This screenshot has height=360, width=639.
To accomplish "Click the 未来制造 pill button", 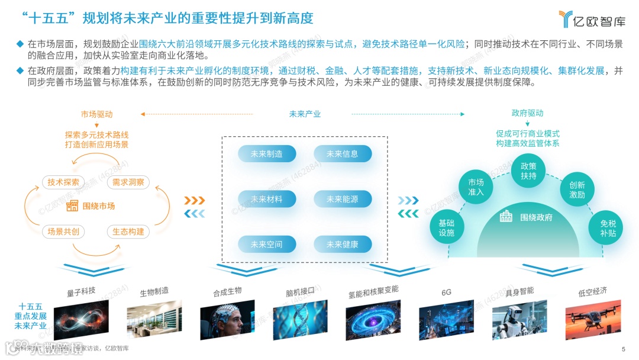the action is [x=266, y=154].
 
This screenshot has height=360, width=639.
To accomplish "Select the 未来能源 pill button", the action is [x=343, y=200].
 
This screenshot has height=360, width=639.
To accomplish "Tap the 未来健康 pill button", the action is [x=343, y=244].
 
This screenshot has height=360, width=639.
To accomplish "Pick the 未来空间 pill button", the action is [x=266, y=244].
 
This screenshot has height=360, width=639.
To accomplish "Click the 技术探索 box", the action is [x=63, y=182].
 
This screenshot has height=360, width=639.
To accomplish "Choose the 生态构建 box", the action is [x=128, y=232].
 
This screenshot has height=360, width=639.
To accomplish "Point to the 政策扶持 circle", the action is [x=528, y=171].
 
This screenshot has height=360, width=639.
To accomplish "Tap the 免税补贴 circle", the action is [x=608, y=228].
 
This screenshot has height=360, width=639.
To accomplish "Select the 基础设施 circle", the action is [x=447, y=228].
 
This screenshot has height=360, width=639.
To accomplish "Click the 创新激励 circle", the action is [x=577, y=189].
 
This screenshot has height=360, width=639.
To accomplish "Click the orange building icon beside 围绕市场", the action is [x=72, y=206].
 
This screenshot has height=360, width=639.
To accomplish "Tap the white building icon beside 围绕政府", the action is [x=506, y=217].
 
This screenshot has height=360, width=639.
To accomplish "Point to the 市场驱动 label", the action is [x=96, y=114].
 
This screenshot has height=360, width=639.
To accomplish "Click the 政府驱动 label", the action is [x=527, y=113].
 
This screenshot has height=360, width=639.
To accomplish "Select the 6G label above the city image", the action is [x=446, y=292].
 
